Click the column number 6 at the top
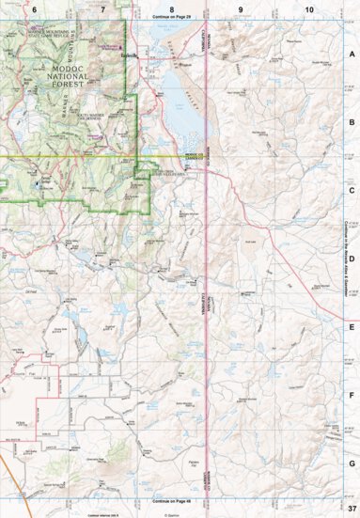pos(34,8)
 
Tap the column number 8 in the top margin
pos(171,8)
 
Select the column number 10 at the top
pos(309,8)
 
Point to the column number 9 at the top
pos(241,8)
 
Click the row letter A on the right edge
pos(351,54)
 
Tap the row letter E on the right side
pos(351,327)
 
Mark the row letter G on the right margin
pos(351,463)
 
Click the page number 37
pos(348,509)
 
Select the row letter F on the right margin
pos(351,395)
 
